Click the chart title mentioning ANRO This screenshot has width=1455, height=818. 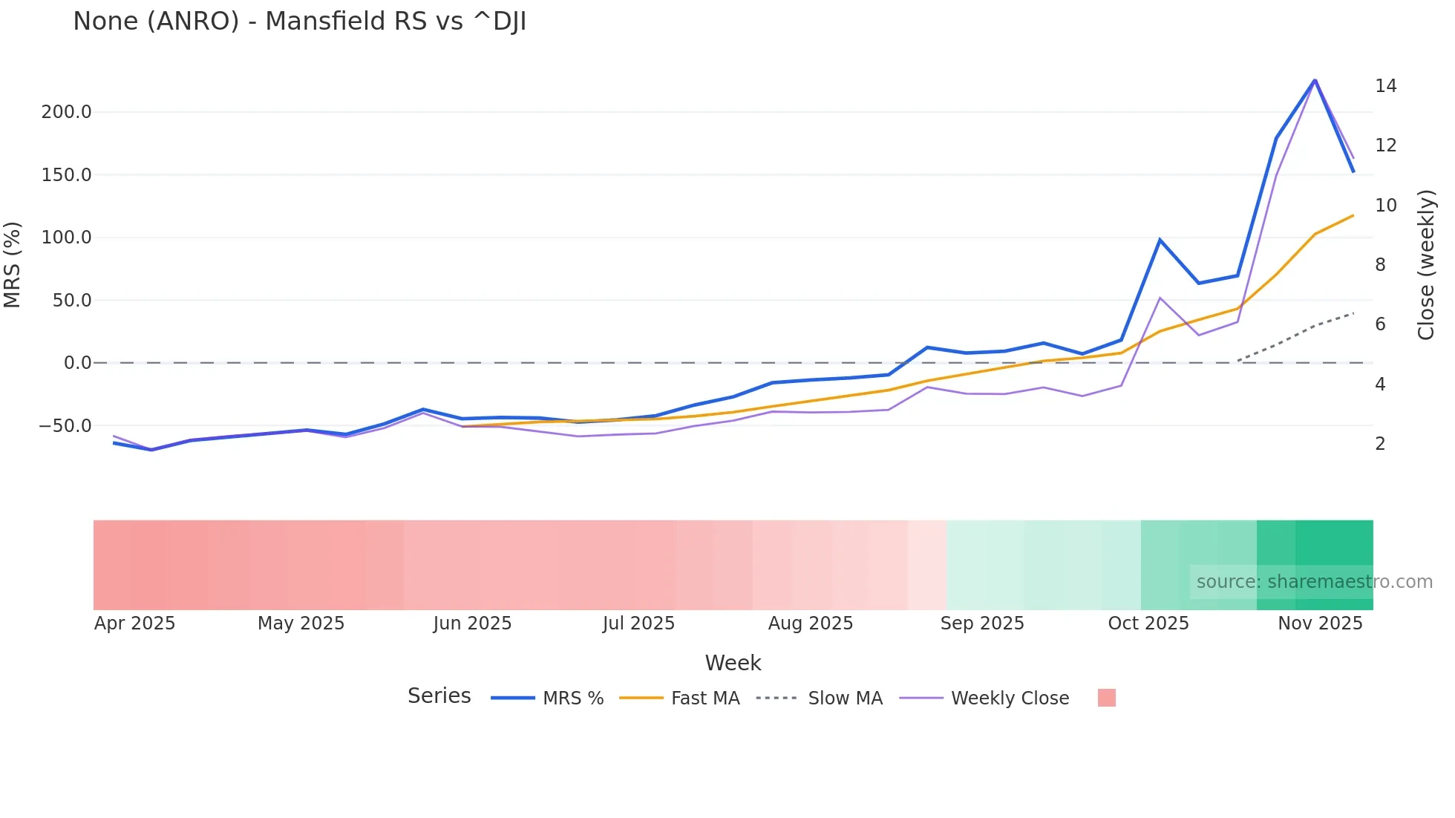click(299, 22)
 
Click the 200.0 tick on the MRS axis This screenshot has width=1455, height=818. click(67, 112)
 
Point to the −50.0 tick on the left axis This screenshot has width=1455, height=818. click(65, 426)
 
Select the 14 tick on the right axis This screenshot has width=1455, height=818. click(1385, 86)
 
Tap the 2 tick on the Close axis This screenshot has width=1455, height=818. click(1380, 444)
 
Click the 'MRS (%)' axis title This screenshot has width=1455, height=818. click(13, 265)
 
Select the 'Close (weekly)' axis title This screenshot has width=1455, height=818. click(1425, 265)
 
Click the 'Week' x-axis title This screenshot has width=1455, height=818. click(733, 663)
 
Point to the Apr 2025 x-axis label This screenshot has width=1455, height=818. click(134, 624)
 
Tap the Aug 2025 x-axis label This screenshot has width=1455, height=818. click(811, 624)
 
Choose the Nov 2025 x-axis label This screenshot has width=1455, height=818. click(1320, 624)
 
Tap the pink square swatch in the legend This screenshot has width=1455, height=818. click(1106, 698)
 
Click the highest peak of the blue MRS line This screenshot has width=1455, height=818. click(1315, 80)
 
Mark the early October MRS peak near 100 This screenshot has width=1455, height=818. click(1160, 240)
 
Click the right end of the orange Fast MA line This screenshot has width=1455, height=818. click(1353, 216)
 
